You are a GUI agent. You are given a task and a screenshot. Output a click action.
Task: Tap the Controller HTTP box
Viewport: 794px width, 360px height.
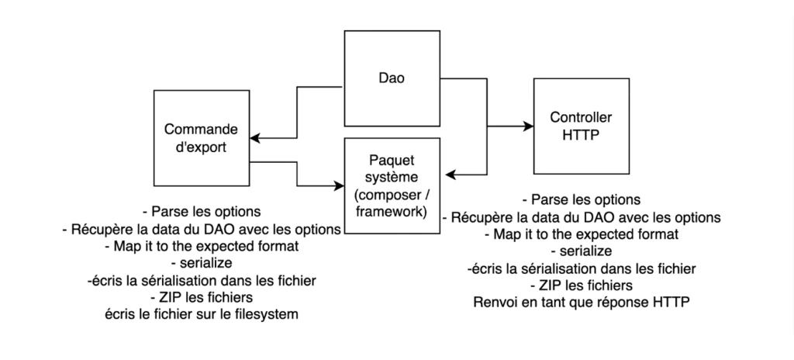pyautogui.click(x=580, y=126)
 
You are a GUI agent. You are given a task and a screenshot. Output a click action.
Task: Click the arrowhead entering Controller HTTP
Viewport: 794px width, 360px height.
pyautogui.click(x=528, y=125)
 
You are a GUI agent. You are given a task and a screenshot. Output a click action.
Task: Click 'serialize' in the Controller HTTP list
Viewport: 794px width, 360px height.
pyautogui.click(x=580, y=251)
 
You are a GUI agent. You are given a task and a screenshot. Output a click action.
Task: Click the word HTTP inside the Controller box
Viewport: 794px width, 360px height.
pyautogui.click(x=580, y=134)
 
